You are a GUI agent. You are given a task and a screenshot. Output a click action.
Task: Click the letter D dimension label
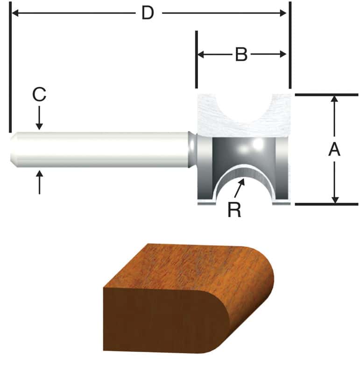[148, 14]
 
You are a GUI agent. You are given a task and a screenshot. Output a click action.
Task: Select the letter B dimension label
[241, 54]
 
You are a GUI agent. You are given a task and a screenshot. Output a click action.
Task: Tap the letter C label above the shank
[39, 94]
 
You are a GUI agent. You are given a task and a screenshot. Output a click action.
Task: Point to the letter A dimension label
[334, 150]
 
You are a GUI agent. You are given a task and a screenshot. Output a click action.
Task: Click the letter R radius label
[234, 210]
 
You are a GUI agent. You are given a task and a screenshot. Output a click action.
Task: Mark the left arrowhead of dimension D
[15, 14]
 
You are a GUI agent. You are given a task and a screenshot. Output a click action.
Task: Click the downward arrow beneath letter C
[39, 125]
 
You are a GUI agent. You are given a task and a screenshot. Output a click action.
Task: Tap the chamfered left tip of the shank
[13, 149]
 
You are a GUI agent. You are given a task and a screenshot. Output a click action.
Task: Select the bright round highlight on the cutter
[256, 145]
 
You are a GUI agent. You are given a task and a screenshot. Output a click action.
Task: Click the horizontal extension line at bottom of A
[327, 204]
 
